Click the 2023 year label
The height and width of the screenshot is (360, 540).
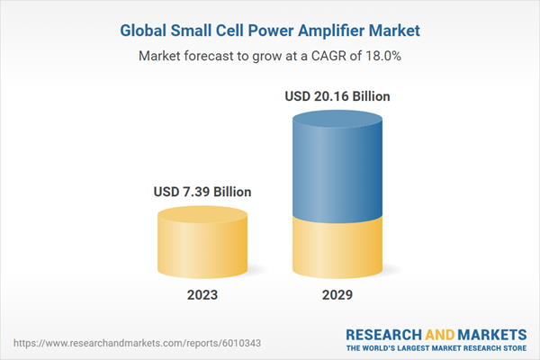pos(202,294)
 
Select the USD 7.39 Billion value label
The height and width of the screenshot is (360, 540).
pos(202,192)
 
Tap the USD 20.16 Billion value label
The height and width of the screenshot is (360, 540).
pos(337,95)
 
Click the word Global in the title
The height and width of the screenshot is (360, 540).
pos(144,31)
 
